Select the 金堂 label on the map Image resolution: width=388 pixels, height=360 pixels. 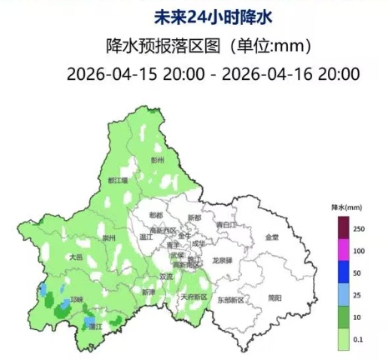[272, 237]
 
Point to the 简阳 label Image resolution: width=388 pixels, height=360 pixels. [275, 297]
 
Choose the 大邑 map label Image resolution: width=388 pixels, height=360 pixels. [77, 257]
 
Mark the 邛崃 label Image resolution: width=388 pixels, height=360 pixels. [78, 298]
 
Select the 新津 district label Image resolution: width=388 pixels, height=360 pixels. [148, 292]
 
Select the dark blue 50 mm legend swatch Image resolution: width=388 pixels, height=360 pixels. [342, 272]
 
